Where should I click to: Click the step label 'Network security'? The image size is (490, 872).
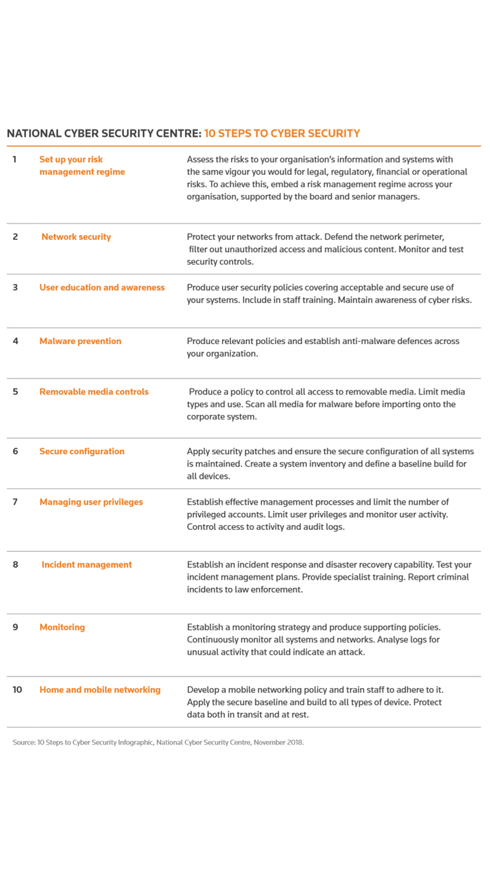tap(76, 237)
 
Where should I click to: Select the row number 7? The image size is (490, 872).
tap(15, 502)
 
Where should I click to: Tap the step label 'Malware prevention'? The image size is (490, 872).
tap(80, 341)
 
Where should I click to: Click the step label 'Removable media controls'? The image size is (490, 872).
tap(94, 392)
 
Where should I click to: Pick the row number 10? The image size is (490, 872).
tap(17, 689)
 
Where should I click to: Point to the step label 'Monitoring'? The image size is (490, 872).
tap(62, 627)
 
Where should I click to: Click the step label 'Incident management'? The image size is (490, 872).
tap(86, 565)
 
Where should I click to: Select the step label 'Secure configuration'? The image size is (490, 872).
tap(82, 452)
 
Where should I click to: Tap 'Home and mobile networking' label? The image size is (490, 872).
tap(100, 689)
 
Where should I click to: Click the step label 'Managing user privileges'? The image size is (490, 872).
tap(91, 502)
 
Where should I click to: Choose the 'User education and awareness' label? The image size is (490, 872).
tap(102, 287)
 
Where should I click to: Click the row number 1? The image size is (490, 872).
tap(14, 159)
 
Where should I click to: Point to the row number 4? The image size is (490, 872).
tap(15, 341)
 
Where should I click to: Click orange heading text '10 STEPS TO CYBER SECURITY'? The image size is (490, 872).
tap(282, 134)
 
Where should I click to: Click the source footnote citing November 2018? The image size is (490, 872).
tap(158, 742)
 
